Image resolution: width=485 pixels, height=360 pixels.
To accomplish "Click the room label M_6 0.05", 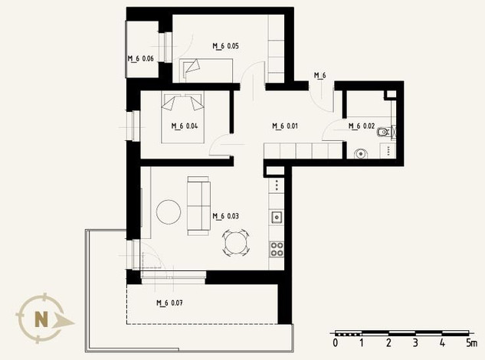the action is coord(225,46).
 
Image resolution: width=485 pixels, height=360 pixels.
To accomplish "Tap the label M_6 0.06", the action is coord(141,58).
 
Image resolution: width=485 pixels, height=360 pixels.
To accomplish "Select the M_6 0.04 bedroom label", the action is coord(185,126).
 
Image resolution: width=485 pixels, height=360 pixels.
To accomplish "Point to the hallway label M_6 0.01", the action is coord(285,126).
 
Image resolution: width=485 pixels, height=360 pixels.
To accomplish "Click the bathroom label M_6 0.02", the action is coord(362,126).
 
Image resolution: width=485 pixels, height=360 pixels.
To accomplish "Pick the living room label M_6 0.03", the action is coord(225,216).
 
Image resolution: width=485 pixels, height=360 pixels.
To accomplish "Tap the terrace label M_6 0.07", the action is coord(169,303).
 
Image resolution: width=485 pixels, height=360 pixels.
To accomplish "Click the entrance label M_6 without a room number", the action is coord(320,75).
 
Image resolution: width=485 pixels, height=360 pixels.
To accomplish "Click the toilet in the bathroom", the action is coord(384,133).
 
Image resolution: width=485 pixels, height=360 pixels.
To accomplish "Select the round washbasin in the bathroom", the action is coord(361,153).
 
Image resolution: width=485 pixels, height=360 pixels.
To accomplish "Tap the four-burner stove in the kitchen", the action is coord(277,249).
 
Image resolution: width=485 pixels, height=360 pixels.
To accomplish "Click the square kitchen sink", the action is coord(277,217).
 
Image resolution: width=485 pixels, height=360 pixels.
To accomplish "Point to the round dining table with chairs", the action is coord(236,243).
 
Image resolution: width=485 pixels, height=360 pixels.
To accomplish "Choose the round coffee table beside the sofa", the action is coord(169,212).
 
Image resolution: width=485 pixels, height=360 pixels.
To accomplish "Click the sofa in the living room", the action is coord(198,206).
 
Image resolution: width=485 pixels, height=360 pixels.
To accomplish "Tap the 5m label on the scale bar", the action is coord(472,342).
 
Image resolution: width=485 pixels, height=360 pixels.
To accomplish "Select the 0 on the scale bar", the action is coord(336,342).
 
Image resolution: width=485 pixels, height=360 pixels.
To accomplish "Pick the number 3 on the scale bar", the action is coord(415,342).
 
